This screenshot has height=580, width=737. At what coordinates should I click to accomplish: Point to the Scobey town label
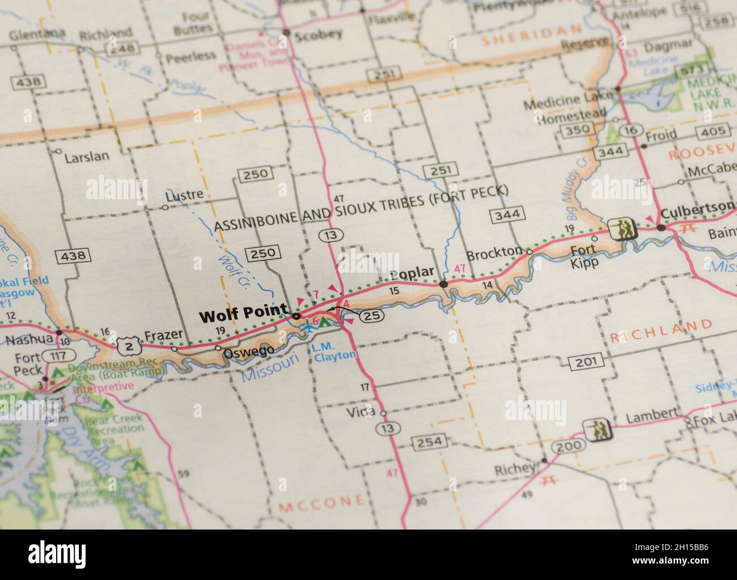pos(319,33)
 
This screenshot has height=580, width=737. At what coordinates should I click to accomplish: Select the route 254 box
pos(431,442)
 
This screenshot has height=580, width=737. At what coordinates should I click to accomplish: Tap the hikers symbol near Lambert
pos(599,430)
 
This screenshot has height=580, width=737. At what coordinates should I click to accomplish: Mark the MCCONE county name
pos(321,501)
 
